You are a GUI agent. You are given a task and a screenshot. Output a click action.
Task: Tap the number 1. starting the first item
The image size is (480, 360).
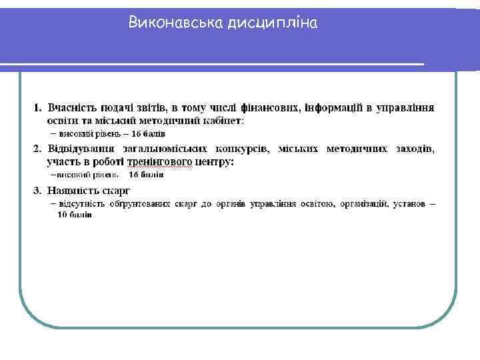click(39, 107)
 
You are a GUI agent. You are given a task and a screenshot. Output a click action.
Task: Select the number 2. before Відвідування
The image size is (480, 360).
click(39, 148)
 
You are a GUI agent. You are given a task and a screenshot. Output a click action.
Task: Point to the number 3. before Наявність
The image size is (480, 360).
click(39, 191)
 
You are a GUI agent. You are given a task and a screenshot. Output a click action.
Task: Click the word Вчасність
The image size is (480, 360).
click(75, 107)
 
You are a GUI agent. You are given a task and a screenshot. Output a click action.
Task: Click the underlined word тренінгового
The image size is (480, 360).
click(157, 161)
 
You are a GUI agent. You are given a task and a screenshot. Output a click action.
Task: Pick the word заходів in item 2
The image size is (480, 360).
click(415, 148)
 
